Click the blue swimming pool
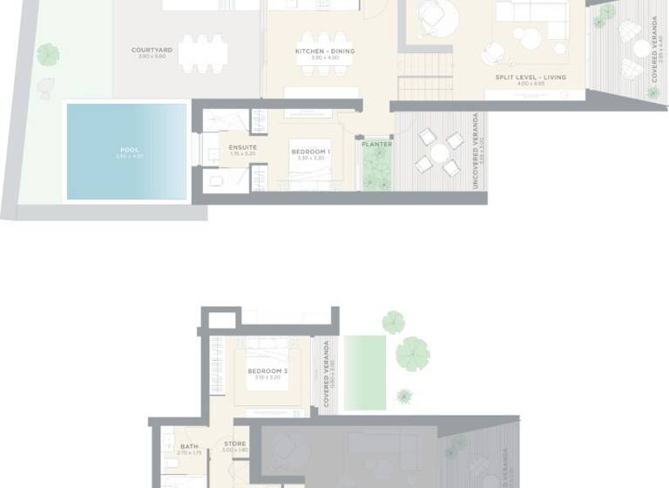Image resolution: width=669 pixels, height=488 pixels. pyautogui.click(x=127, y=152)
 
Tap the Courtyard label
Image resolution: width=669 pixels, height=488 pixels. pyautogui.click(x=152, y=51)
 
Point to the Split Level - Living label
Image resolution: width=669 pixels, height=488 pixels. pyautogui.click(x=530, y=77)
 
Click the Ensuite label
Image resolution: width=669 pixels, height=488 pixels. pyautogui.click(x=243, y=147)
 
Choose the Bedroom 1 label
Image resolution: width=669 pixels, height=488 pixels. pyautogui.click(x=311, y=152)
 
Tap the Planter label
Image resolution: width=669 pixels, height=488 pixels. pyautogui.click(x=377, y=144)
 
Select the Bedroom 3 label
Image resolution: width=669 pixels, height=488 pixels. pyautogui.click(x=267, y=370)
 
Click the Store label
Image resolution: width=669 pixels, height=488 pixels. pyautogui.click(x=234, y=444)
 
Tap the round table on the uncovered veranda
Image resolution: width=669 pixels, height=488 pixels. pyautogui.click(x=440, y=152)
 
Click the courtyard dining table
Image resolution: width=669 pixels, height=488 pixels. pyautogui.click(x=204, y=51)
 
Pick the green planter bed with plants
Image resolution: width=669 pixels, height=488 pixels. pyautogui.click(x=377, y=167)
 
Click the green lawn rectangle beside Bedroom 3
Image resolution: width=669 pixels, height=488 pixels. pyautogui.click(x=364, y=372)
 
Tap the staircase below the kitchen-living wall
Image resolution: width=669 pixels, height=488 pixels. pyautogui.click(x=425, y=87)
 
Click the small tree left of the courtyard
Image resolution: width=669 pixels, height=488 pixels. pyautogui.click(x=48, y=54)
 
